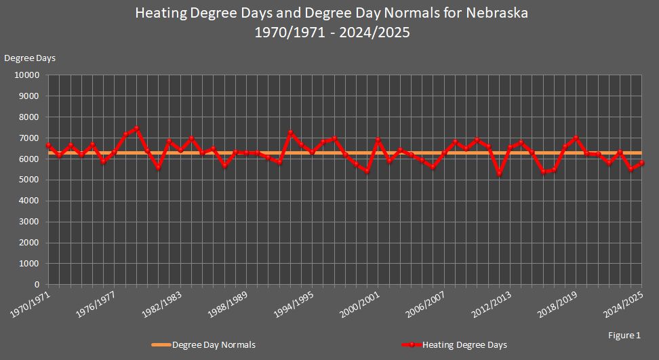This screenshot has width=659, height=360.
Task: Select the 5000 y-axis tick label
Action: point(31,180)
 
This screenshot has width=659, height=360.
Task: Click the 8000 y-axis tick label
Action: point(31,117)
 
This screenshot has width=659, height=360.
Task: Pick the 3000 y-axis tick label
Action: point(31,222)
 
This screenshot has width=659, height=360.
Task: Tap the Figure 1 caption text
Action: point(624,335)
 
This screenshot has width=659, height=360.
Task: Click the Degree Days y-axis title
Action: point(30,58)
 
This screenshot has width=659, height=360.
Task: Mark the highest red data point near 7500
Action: point(136,128)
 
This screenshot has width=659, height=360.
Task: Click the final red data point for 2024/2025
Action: point(642,163)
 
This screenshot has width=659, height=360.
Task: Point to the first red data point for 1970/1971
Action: point(48,145)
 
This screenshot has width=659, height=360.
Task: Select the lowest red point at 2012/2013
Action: point(499,174)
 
